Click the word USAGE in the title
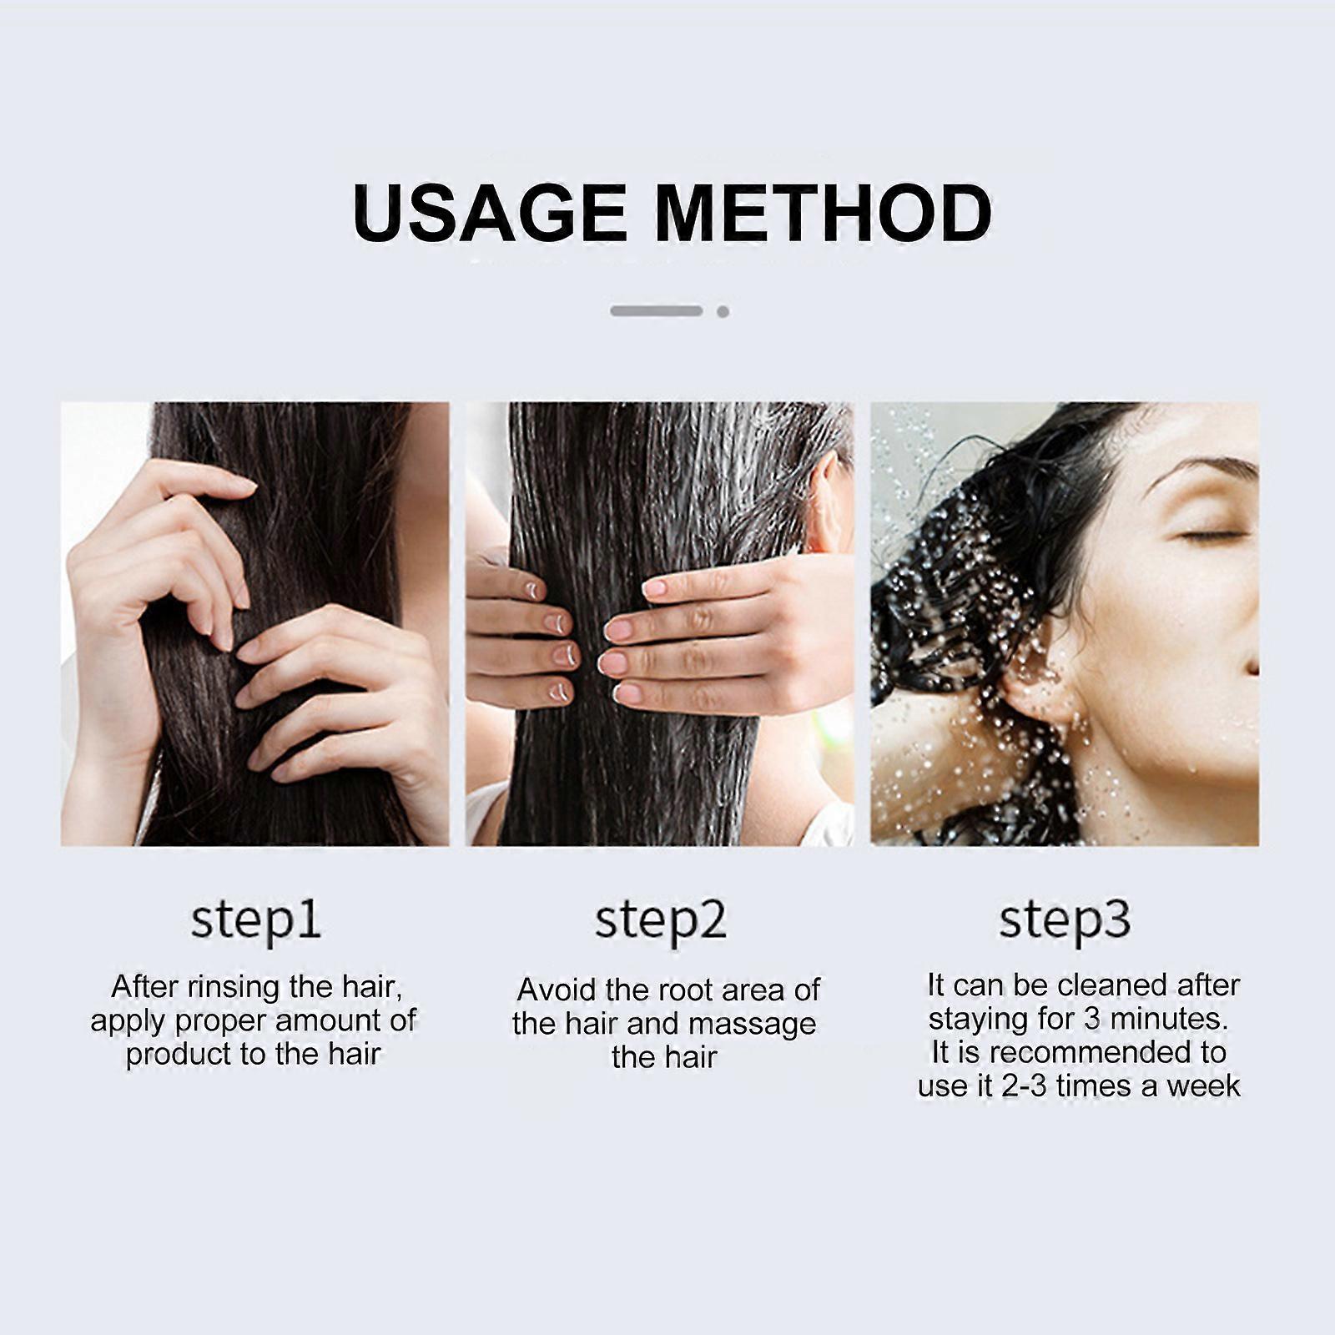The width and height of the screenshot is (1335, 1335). point(490,213)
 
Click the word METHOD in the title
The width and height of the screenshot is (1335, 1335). point(823,213)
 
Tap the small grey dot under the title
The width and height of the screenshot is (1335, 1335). point(723,311)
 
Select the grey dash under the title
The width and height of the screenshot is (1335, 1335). point(657,311)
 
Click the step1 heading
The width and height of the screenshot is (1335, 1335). point(255,921)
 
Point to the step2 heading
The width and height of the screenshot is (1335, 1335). point(660,921)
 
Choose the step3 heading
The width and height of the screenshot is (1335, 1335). point(1065,921)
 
